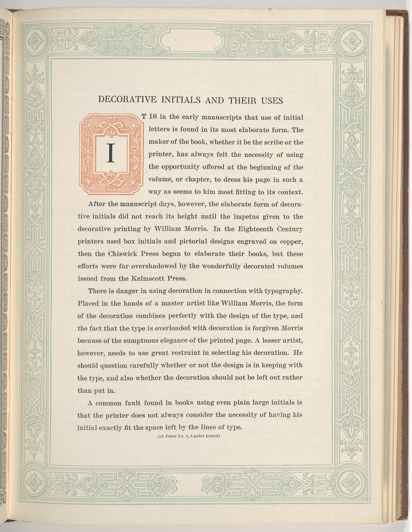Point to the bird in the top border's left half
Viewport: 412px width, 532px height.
click(x=112, y=33)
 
